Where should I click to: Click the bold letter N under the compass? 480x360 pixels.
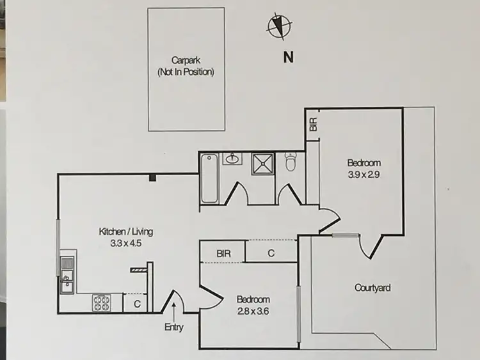pos(288,57)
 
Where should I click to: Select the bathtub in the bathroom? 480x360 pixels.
pos(209,179)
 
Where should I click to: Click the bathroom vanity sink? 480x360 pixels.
pos(232,159)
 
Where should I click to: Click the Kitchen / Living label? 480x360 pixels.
pos(125,231)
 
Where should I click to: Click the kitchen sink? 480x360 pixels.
pos(67,282)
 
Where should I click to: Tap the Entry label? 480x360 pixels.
pos(173,328)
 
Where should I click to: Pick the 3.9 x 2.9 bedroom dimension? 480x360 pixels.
pos(364,174)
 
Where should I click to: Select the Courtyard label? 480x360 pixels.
pos(372,288)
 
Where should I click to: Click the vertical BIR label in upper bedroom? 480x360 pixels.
pos(313,124)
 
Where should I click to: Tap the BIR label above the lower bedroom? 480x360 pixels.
pos(223,253)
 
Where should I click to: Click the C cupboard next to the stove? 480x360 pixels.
pos(137,304)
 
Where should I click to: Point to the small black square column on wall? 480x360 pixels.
pos(152,178)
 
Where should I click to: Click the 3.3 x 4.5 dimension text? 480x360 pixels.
pos(125,243)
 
